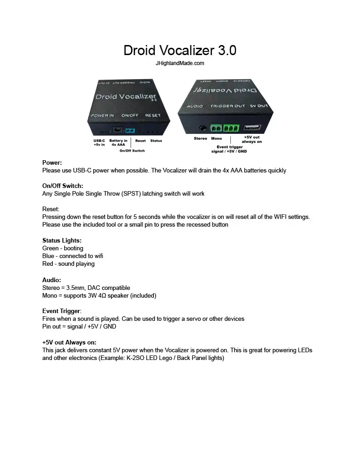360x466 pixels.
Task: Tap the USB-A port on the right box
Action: [252, 128]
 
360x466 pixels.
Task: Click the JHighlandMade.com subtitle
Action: [180, 63]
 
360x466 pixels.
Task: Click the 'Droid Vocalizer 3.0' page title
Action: [180, 50]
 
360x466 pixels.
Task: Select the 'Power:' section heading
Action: [52, 162]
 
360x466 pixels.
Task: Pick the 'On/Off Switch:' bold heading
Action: [63, 186]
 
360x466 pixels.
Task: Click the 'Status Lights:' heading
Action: [62, 240]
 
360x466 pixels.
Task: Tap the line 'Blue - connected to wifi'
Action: [73, 256]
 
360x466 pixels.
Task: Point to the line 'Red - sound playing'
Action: [68, 263]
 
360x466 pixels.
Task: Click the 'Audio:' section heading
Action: [51, 280]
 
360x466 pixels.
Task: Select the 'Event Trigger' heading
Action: [61, 311]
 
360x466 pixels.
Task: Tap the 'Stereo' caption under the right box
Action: [200, 138]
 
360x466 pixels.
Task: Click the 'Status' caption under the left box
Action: [156, 141]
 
